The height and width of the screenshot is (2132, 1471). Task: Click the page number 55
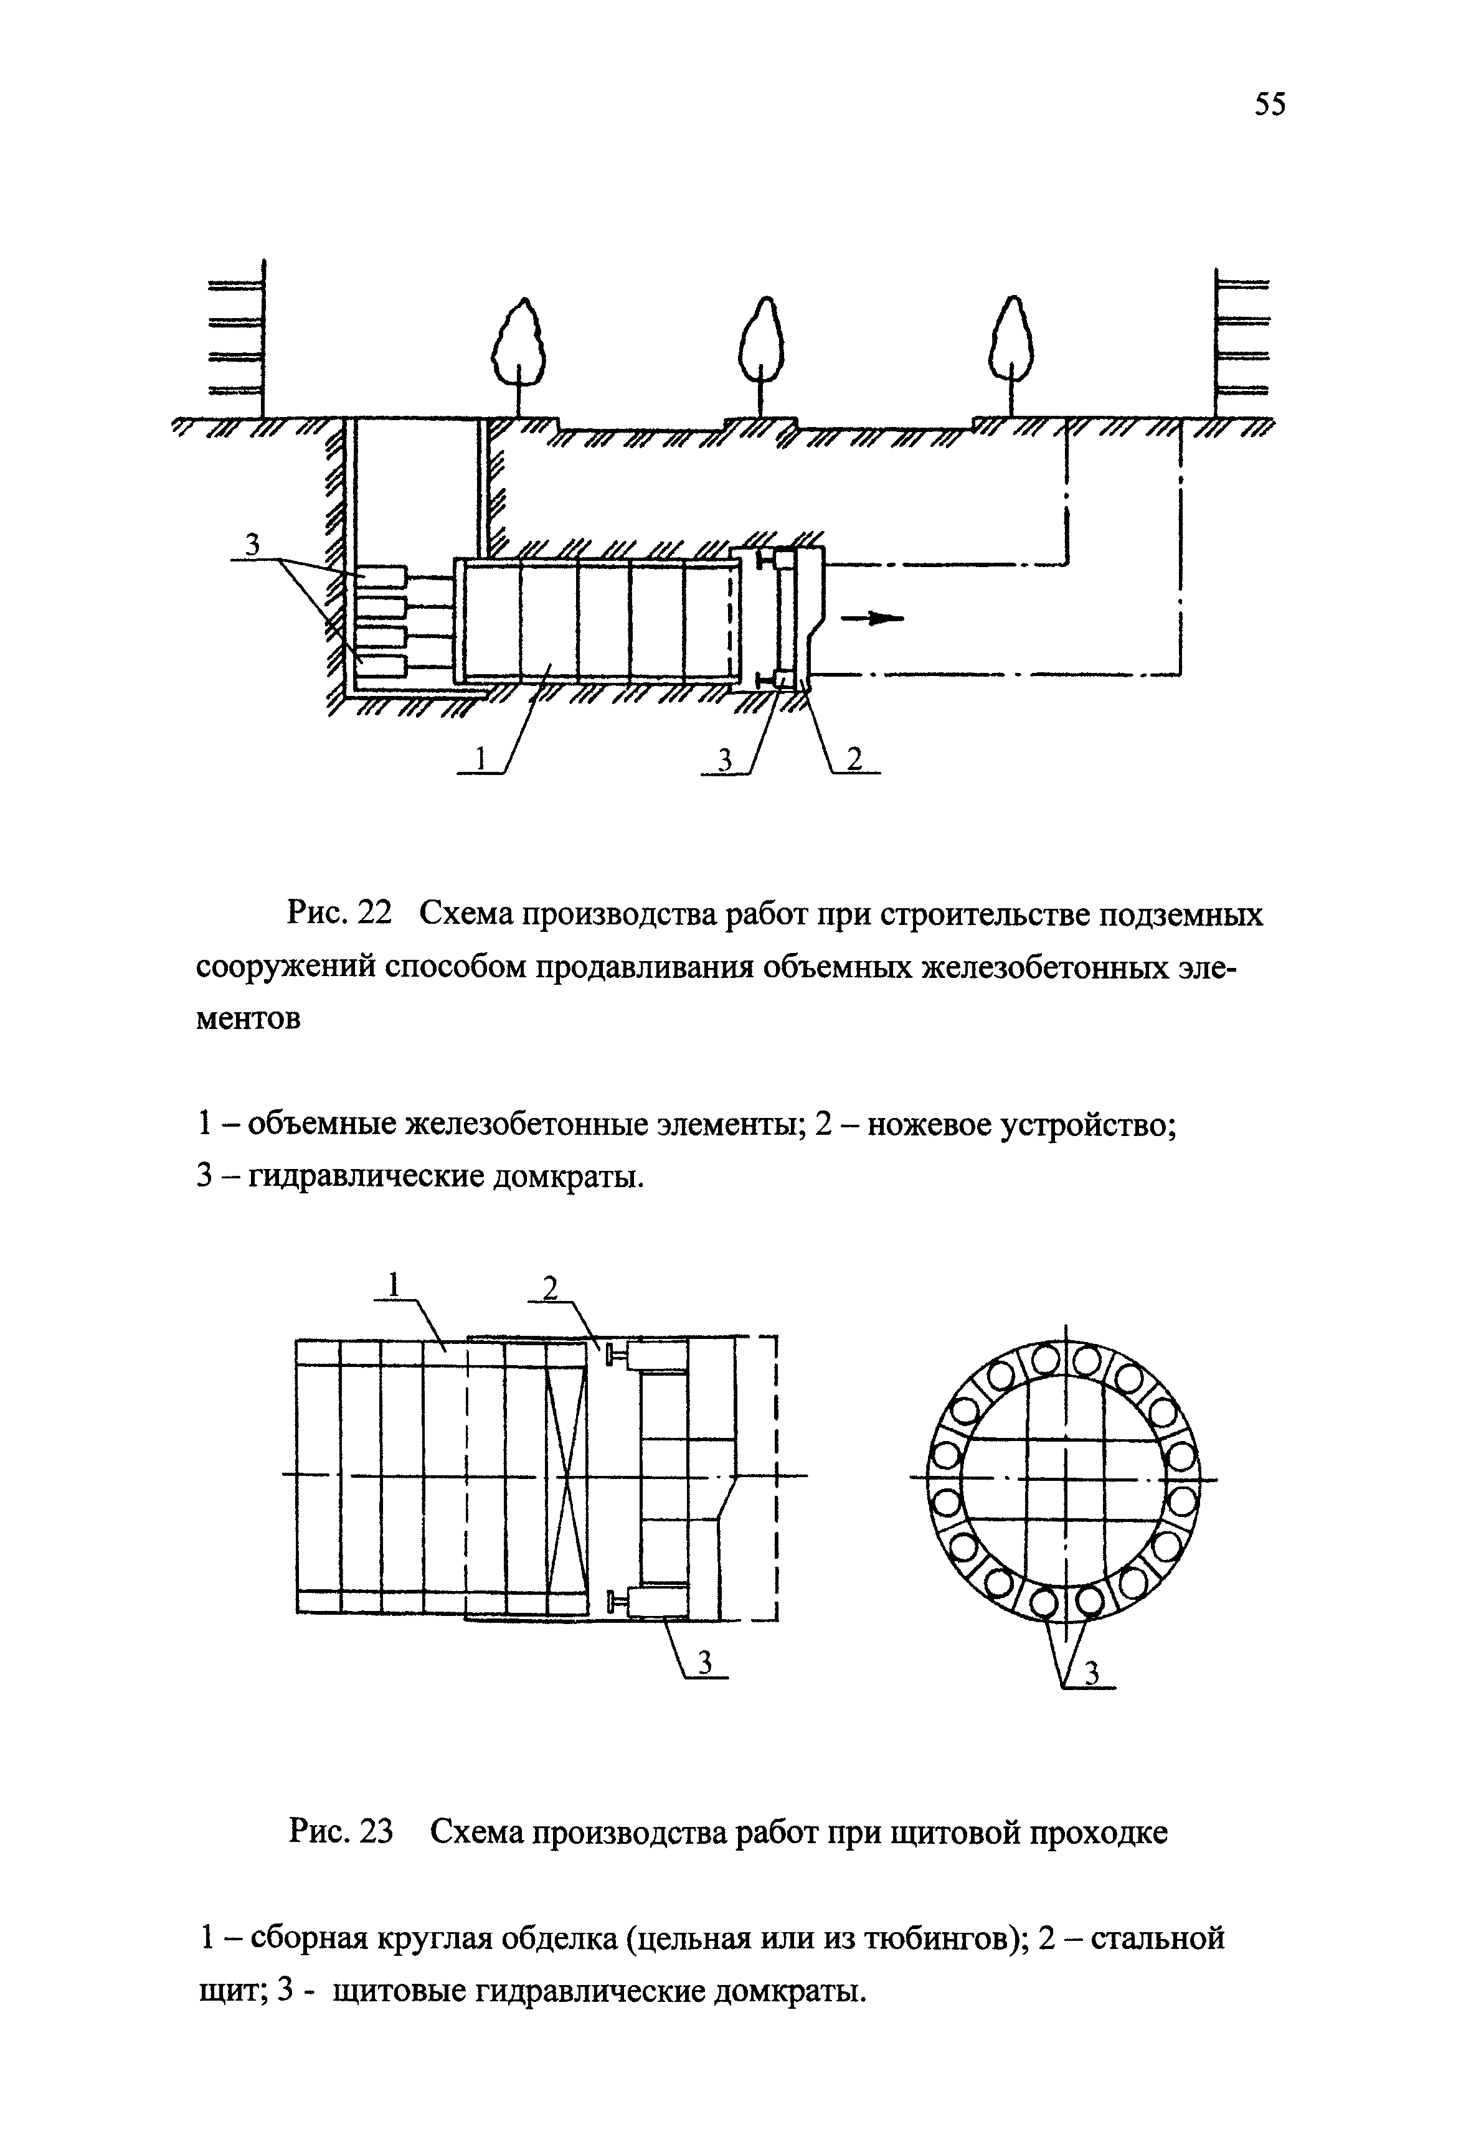click(1269, 104)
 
